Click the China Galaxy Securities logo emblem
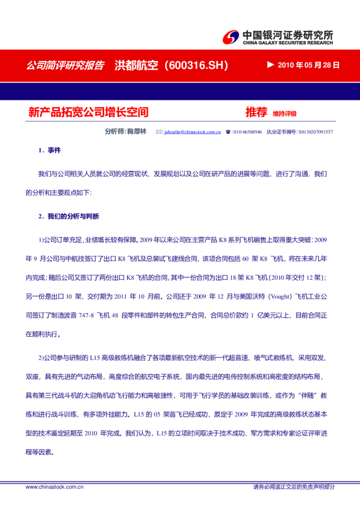tap(230, 38)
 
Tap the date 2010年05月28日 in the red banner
tap(309, 65)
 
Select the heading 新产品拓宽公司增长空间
tap(88, 112)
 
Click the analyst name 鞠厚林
tap(137, 131)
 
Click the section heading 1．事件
tap(50, 150)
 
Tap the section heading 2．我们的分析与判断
tap(68, 216)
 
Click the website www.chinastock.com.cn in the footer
tap(54, 487)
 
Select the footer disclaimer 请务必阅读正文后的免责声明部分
tap(293, 487)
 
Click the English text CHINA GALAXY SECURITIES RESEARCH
tap(287, 44)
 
